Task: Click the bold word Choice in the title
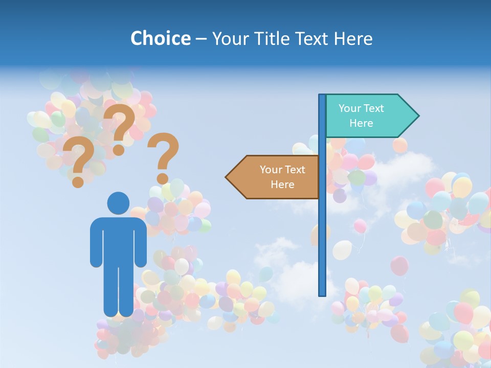pos(160,38)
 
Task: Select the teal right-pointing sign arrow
pos(368,116)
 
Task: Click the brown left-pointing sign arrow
pos(276,177)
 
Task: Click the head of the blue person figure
pos(118,202)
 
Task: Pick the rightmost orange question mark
pos(163,156)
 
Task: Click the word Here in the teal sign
pos(361,123)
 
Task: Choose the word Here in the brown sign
pos(282,185)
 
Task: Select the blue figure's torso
pos(118,240)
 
